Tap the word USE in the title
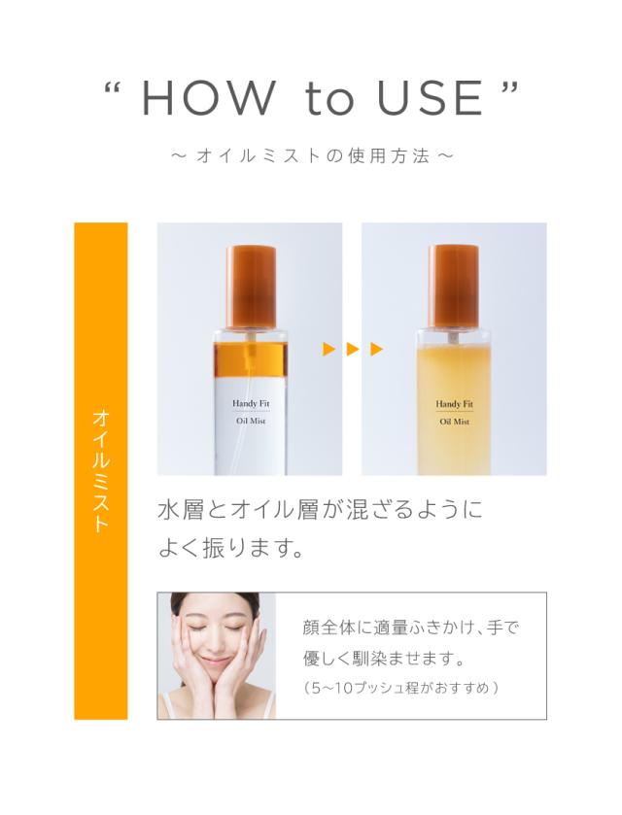coord(431,98)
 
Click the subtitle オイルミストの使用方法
coord(313,156)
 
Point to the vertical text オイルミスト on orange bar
coord(101,471)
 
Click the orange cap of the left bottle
coord(251,285)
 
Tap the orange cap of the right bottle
coord(454,285)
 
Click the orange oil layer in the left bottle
coord(250,357)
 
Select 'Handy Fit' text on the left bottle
coord(251,403)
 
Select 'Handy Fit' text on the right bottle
coord(455,404)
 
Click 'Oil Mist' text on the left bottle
coord(251,421)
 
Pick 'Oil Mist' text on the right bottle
coord(455,422)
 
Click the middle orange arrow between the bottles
coord(353,349)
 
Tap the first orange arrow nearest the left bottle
coord(328,349)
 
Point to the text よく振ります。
coord(231,549)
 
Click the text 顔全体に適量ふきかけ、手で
coord(411,628)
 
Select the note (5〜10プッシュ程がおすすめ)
coord(401,688)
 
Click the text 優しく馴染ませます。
coord(384,659)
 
